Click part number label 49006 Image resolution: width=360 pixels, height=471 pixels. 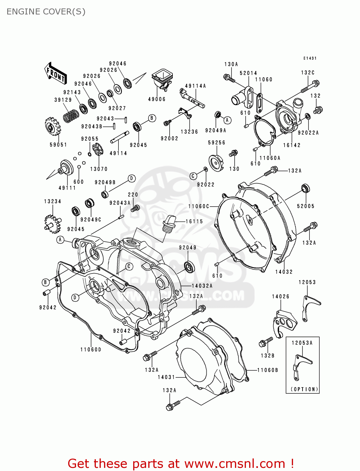click(x=157, y=99)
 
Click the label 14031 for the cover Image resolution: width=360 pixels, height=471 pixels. click(x=166, y=377)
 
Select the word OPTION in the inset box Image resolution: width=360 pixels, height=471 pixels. click(x=304, y=389)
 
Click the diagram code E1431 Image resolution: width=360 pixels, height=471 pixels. click(x=310, y=58)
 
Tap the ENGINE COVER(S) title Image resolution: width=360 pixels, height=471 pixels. click(x=46, y=12)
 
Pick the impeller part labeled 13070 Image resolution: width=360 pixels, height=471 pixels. click(x=98, y=149)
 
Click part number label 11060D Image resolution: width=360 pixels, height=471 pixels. click(x=91, y=349)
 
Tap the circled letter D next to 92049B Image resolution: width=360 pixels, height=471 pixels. click(x=132, y=179)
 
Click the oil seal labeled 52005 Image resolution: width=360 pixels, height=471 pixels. click(x=305, y=189)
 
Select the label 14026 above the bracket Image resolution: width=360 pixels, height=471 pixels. click(x=281, y=296)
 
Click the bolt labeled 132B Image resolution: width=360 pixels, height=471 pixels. click(x=266, y=342)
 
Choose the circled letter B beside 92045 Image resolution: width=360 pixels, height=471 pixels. click(x=152, y=118)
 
